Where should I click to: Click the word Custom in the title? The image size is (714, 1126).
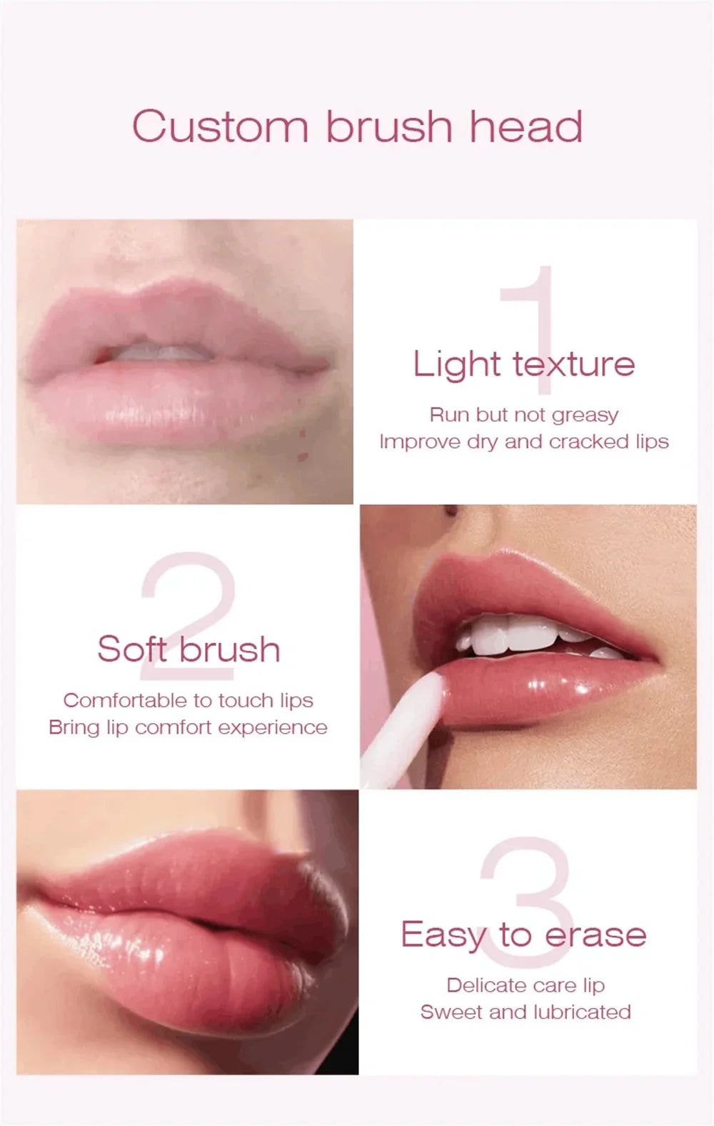pyautogui.click(x=220, y=127)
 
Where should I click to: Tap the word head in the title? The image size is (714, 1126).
pyautogui.click(x=526, y=126)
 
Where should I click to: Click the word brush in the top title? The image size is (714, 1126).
pyautogui.click(x=389, y=126)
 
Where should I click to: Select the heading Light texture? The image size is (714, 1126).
pyautogui.click(x=523, y=364)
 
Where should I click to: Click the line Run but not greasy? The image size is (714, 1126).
pyautogui.click(x=523, y=415)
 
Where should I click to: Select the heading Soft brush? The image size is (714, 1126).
pyautogui.click(x=188, y=649)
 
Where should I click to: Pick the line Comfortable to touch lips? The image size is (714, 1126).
pyautogui.click(x=188, y=700)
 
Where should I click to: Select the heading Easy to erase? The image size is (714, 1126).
pyautogui.click(x=523, y=935)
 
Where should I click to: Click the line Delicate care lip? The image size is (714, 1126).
pyautogui.click(x=526, y=985)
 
